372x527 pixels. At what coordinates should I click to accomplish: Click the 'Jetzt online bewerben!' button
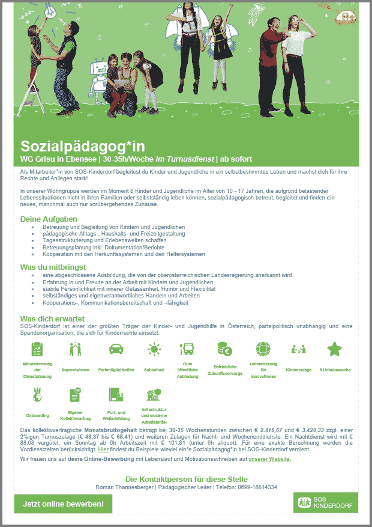click(63, 504)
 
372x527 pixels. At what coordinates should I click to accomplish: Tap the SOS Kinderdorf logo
click(326, 503)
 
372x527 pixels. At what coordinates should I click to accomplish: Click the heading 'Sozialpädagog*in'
click(82, 146)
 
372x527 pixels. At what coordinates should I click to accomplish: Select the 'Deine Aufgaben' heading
click(49, 219)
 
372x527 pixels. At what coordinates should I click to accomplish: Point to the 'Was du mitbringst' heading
click(53, 267)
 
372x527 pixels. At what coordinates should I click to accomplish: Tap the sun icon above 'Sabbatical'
click(154, 349)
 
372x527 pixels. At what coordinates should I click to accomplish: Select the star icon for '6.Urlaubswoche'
click(334, 349)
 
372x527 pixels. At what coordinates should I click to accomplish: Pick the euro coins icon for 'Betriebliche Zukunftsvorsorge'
click(225, 349)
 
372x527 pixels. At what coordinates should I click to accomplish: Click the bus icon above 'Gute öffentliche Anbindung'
click(187, 349)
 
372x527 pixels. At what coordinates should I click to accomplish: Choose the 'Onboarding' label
click(38, 415)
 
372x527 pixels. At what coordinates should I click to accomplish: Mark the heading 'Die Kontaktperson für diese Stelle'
click(186, 479)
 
